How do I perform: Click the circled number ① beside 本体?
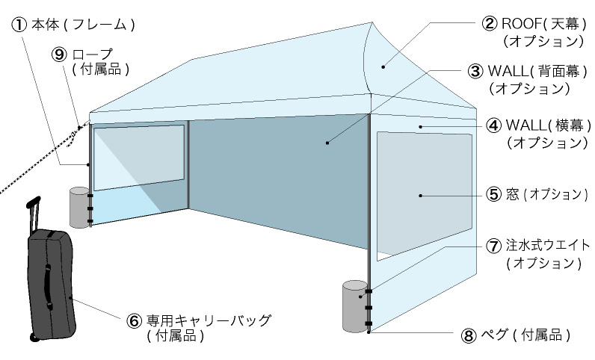pos(20,25)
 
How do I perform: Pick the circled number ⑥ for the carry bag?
pos(135,320)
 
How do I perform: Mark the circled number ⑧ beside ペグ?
pos(469,335)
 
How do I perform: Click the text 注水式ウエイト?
pos(548,246)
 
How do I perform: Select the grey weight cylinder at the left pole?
pos(78,206)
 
